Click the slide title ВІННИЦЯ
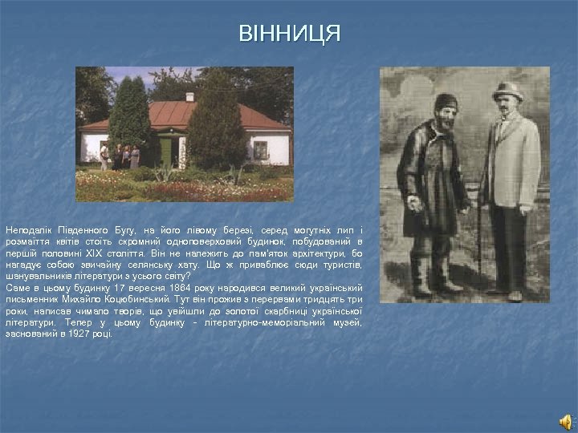(x=289, y=34)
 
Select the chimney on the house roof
(x=189, y=97)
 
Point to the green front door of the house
(x=166, y=152)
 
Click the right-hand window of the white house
(x=260, y=149)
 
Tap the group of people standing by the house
(x=120, y=156)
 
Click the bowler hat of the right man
(x=507, y=91)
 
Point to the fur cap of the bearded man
(x=446, y=103)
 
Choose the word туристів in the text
(x=344, y=264)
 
